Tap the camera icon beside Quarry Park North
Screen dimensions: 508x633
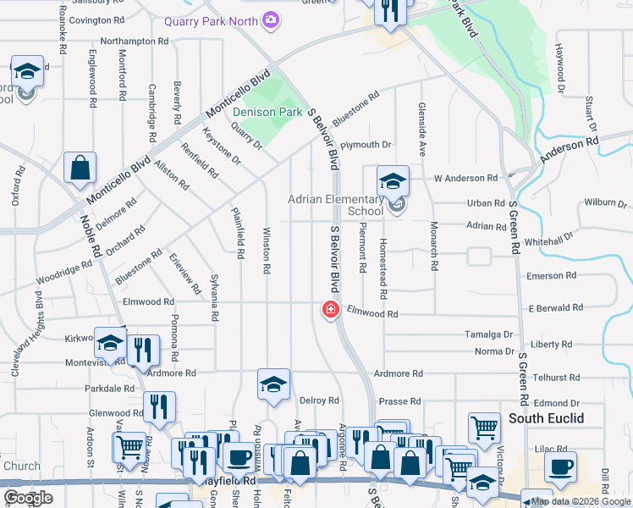(x=271, y=19)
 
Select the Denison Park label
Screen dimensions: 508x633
(x=267, y=112)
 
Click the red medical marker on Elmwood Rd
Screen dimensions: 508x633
(x=330, y=311)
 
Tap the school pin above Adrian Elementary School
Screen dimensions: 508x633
(x=393, y=181)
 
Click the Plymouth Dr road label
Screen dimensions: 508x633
(x=366, y=146)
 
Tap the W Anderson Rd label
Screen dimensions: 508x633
(x=465, y=179)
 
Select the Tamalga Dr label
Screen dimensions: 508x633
(x=489, y=334)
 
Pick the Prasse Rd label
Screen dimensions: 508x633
(x=400, y=401)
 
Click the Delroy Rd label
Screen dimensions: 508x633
(x=319, y=400)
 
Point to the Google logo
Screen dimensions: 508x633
(x=28, y=498)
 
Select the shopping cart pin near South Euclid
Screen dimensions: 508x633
(x=483, y=428)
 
